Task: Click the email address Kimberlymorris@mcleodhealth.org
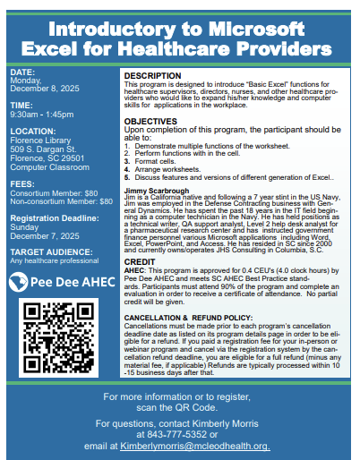click(196, 446)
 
